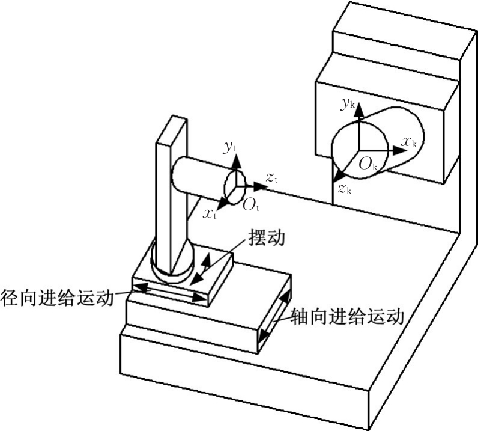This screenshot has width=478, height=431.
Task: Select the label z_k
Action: click(344, 190)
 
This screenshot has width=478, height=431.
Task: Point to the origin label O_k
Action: click(367, 164)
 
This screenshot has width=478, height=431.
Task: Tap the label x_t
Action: click(210, 213)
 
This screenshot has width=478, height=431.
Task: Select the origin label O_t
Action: click(250, 204)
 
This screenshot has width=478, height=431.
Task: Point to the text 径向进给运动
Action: click(58, 298)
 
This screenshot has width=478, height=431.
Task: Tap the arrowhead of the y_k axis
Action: click(358, 116)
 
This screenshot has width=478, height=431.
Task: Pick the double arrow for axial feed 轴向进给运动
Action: click(273, 321)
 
